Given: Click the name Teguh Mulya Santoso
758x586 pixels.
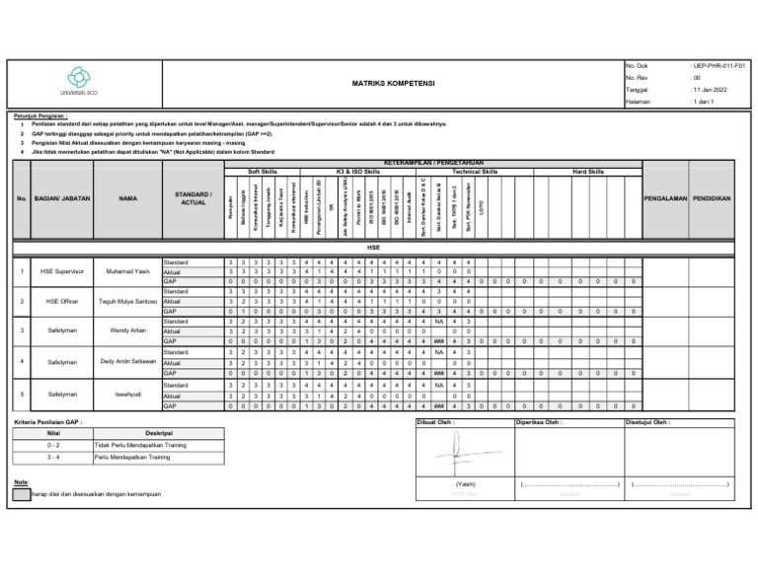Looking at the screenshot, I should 128,301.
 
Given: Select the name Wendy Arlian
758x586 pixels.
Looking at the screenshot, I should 128,331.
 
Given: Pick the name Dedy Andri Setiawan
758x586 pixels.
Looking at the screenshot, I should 128,362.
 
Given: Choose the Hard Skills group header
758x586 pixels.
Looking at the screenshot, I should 588,171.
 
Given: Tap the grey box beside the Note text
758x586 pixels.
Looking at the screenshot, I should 21,493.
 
